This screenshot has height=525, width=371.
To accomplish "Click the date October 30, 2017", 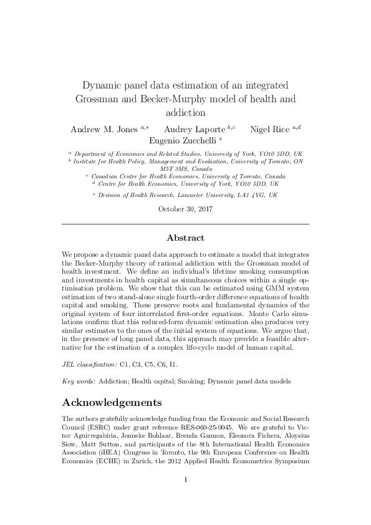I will (x=185, y=210).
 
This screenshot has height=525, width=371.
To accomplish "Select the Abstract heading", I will (x=185, y=238).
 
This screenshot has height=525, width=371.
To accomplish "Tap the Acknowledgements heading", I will (x=112, y=401).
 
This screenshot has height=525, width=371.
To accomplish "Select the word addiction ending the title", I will (x=185, y=113).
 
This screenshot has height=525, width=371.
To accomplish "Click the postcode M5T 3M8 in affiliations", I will (x=175, y=168).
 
